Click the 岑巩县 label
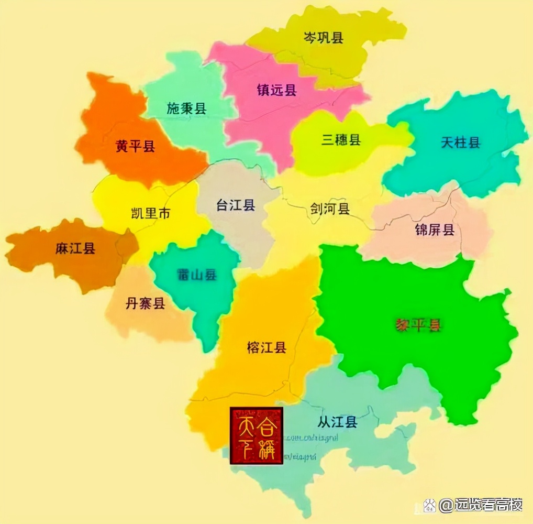[324, 37]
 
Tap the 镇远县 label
[277, 90]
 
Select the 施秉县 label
[186, 108]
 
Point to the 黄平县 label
[136, 146]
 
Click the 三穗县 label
[341, 140]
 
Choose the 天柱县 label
[460, 142]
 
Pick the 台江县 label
[236, 205]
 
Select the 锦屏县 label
[435, 230]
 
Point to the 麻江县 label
[75, 248]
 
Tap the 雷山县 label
[196, 275]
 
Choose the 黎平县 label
[418, 325]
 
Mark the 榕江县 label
[267, 347]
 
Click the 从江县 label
[338, 421]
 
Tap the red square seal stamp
[257, 435]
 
